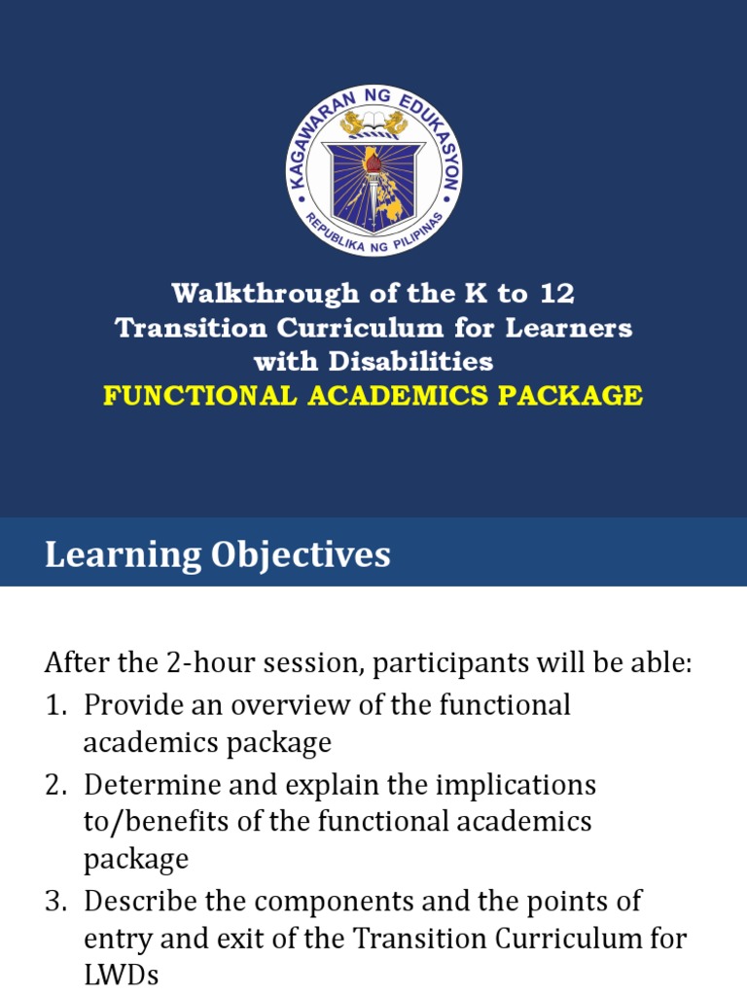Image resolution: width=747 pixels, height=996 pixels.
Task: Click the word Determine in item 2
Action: (146, 784)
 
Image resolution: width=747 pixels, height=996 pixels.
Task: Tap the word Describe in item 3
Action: (138, 901)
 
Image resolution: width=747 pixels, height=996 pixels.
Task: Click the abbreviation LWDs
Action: (121, 977)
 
